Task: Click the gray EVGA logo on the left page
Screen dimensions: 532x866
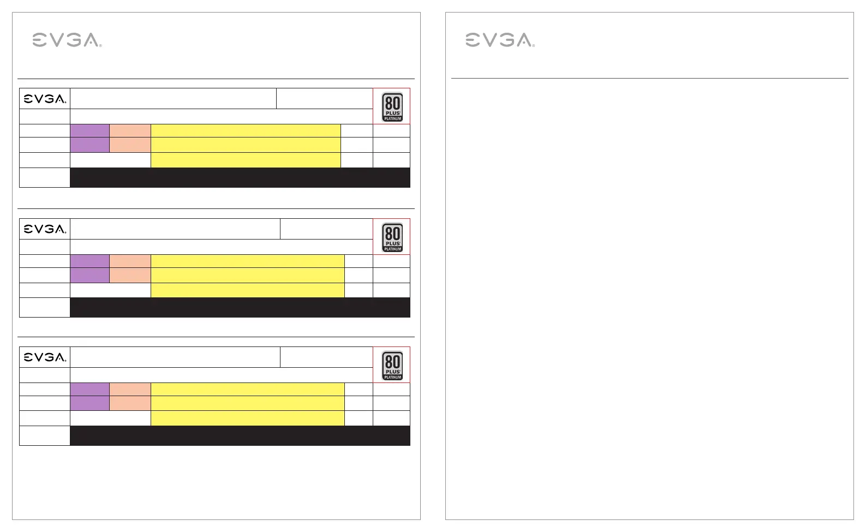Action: (x=67, y=40)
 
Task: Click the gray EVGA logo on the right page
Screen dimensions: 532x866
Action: (x=500, y=40)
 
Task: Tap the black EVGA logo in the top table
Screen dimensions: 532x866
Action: (x=45, y=99)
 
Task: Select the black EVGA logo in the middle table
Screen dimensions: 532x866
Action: (x=45, y=229)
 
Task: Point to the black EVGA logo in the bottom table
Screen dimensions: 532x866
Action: (x=45, y=357)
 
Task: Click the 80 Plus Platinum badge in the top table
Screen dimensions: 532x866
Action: (x=392, y=107)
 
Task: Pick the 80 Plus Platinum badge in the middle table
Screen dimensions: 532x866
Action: (x=392, y=237)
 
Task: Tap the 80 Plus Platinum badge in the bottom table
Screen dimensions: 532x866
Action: (x=392, y=366)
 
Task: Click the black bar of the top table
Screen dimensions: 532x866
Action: (x=240, y=177)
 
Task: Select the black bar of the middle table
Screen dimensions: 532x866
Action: (x=240, y=307)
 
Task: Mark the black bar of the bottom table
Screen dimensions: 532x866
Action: (x=240, y=435)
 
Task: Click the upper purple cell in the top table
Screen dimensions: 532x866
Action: (x=89, y=131)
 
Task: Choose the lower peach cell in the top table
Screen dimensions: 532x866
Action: (x=130, y=145)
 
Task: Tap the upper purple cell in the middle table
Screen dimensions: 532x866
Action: (x=89, y=261)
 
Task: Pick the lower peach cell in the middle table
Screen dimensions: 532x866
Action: (x=130, y=275)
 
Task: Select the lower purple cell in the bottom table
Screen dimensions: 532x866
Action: (x=89, y=403)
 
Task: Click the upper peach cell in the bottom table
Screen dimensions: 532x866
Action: (x=130, y=389)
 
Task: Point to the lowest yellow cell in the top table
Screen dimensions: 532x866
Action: (x=246, y=160)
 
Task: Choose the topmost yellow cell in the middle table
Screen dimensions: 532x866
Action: (x=248, y=261)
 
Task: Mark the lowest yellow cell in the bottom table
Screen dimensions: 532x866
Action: (x=248, y=418)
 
